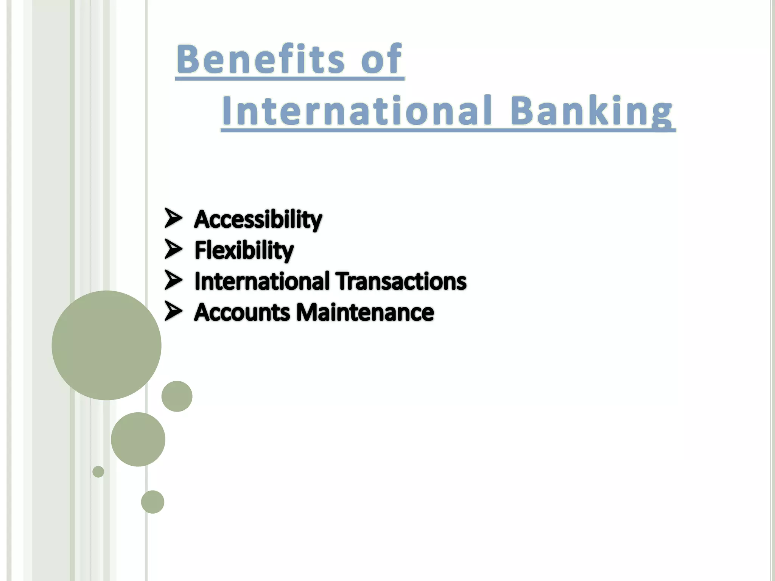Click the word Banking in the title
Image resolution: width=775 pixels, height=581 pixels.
(591, 110)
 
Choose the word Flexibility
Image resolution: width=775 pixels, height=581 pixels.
(244, 250)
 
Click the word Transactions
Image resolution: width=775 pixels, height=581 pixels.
(401, 281)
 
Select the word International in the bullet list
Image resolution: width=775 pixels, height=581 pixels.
(262, 281)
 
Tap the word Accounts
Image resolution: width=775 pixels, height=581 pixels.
(242, 312)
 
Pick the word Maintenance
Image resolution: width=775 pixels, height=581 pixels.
(365, 312)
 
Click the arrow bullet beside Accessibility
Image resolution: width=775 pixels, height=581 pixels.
(173, 218)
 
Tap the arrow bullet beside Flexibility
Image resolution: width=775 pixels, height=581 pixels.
(173, 249)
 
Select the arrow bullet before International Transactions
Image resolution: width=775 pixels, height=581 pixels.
(173, 280)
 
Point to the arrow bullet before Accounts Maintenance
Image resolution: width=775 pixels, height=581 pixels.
(173, 311)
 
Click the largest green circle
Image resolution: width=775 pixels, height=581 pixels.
(106, 345)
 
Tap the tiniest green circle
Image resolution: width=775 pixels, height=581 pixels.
(98, 472)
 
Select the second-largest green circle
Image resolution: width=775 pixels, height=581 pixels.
(138, 439)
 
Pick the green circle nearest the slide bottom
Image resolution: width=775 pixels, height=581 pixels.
(153, 502)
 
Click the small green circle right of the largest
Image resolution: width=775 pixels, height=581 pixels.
(177, 396)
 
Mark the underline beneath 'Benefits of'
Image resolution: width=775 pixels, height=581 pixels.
(289, 78)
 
